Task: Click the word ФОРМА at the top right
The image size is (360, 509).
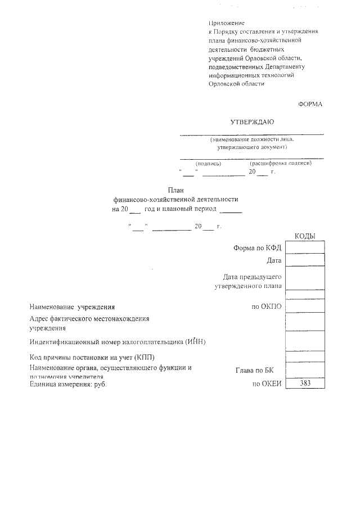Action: click(x=310, y=103)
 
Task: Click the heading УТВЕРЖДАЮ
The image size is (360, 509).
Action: click(x=252, y=121)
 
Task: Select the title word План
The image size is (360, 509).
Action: click(x=176, y=190)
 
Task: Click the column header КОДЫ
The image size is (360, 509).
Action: click(x=305, y=236)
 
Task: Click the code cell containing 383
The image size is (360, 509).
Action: click(x=305, y=383)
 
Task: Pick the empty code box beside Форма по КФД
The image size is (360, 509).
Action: click(x=305, y=247)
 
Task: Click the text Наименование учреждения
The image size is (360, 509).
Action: click(x=72, y=307)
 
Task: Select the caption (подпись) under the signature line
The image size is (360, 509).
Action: click(x=208, y=164)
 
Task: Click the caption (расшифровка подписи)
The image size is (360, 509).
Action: click(x=281, y=164)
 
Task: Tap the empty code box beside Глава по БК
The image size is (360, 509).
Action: click(x=305, y=370)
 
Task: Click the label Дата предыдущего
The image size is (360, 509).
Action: click(x=252, y=276)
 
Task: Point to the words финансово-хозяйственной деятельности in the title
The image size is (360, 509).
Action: click(x=176, y=199)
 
